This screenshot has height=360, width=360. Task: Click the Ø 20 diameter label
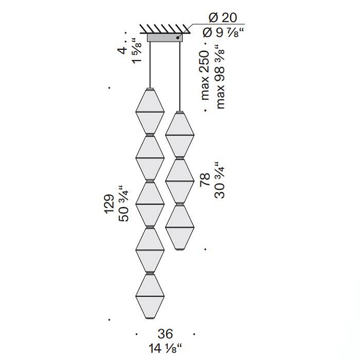pyautogui.click(x=222, y=18)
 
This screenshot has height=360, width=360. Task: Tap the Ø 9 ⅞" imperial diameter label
pyautogui.click(x=223, y=33)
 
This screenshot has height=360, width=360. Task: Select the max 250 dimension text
pyautogui.click(x=205, y=76)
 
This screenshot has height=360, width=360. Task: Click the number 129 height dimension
pyautogui.click(x=109, y=204)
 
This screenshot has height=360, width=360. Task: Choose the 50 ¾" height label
pyautogui.click(x=124, y=203)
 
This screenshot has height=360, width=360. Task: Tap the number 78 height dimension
pyautogui.click(x=205, y=180)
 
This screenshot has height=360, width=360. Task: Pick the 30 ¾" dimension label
pyautogui.click(x=220, y=180)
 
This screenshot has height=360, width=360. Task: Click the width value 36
pyautogui.click(x=165, y=334)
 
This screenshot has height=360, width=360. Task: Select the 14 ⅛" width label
pyautogui.click(x=165, y=349)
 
